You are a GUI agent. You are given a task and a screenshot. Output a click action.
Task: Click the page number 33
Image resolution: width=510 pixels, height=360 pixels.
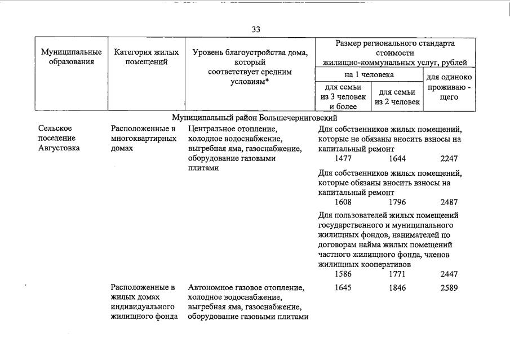256,29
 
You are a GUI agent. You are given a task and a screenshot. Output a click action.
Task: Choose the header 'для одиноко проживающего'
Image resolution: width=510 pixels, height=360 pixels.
449,87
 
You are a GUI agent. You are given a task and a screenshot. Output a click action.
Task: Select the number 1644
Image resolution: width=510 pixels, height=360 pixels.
397,159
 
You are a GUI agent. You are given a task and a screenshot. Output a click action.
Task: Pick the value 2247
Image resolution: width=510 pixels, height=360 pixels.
449,159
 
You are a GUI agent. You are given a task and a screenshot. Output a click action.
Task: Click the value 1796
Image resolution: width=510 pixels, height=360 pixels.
397,202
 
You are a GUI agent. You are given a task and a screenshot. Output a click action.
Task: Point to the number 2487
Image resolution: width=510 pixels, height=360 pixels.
449,202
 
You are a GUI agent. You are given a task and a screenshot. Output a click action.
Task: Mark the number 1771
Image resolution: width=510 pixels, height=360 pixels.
397,274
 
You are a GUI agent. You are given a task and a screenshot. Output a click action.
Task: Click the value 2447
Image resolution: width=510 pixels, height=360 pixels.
449,274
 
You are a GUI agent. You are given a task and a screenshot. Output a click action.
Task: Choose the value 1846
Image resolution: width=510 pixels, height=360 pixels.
397,288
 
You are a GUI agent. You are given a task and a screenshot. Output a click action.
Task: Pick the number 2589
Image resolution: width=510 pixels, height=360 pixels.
449,288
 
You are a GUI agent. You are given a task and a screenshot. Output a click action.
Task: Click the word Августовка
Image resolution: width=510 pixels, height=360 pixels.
59,148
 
